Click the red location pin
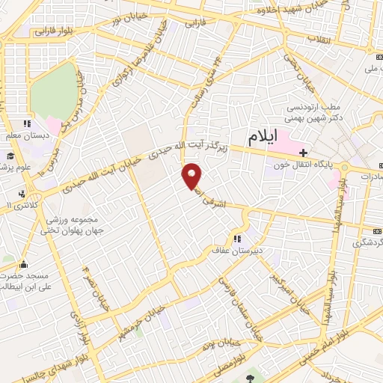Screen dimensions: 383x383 point(193,177)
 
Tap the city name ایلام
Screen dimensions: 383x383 point(261,137)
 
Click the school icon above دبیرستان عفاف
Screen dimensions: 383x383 point(236,239)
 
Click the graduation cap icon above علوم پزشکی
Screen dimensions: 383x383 point(11,155)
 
